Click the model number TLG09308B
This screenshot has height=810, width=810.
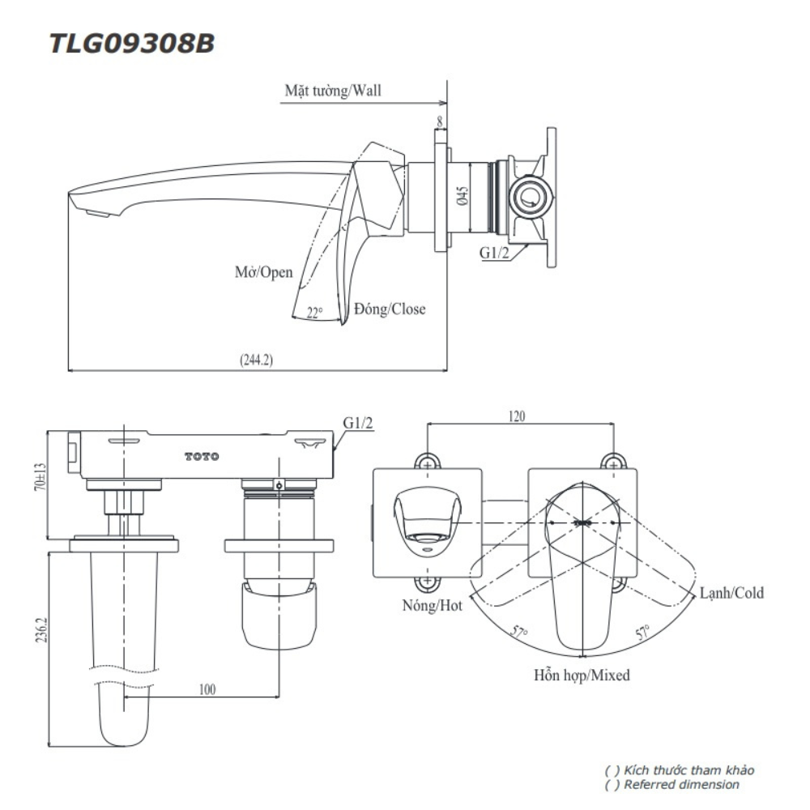click(132, 43)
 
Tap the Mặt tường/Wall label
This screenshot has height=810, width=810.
click(332, 90)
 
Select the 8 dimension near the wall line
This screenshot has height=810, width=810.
click(440, 122)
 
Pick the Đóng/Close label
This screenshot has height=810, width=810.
click(389, 309)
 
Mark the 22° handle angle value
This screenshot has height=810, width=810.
click(315, 313)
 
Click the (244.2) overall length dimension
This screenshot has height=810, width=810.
click(256, 360)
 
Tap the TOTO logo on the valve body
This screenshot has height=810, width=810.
click(202, 457)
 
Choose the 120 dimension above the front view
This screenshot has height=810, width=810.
click(517, 416)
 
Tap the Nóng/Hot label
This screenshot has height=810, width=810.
click(432, 605)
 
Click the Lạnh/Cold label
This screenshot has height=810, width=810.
click(732, 593)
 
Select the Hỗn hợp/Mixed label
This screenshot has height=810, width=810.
click(582, 674)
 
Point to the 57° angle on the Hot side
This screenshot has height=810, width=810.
click(518, 633)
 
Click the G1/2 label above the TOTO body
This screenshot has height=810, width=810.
click(356, 423)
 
